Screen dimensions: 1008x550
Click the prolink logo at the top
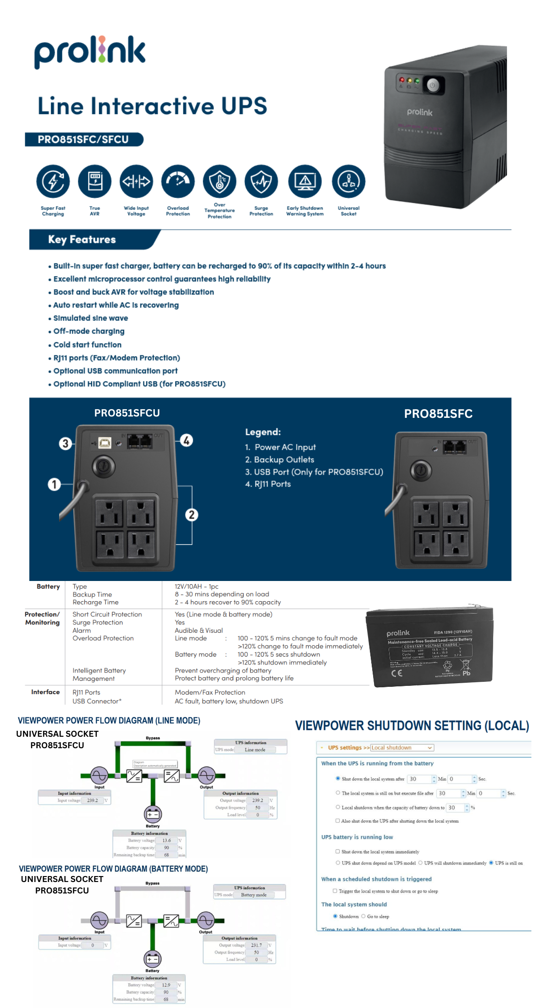[x=90, y=51]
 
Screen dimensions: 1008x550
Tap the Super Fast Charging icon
[x=53, y=181]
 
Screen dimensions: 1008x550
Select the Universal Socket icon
[x=348, y=181]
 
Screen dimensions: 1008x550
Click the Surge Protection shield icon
[x=261, y=181]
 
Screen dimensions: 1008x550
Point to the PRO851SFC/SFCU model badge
[x=83, y=139]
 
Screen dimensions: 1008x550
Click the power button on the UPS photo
[x=432, y=85]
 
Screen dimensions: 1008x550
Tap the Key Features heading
[x=82, y=240]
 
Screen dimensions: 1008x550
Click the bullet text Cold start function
[x=87, y=345]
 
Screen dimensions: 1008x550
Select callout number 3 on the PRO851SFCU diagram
[x=65, y=443]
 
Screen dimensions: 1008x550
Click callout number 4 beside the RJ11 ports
[x=186, y=440]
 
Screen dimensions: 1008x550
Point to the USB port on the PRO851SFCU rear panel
[x=105, y=443]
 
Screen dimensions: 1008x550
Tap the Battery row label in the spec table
[x=48, y=586]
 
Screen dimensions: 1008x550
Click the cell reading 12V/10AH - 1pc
[x=196, y=586]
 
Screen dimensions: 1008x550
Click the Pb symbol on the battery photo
[x=466, y=673]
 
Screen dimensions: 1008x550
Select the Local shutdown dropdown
[x=401, y=747]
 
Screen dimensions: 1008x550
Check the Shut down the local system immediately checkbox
[x=338, y=851]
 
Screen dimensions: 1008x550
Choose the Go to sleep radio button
[x=363, y=916]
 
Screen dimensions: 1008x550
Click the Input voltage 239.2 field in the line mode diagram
[x=93, y=800]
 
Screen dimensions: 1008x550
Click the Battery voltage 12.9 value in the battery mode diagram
[x=166, y=985]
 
